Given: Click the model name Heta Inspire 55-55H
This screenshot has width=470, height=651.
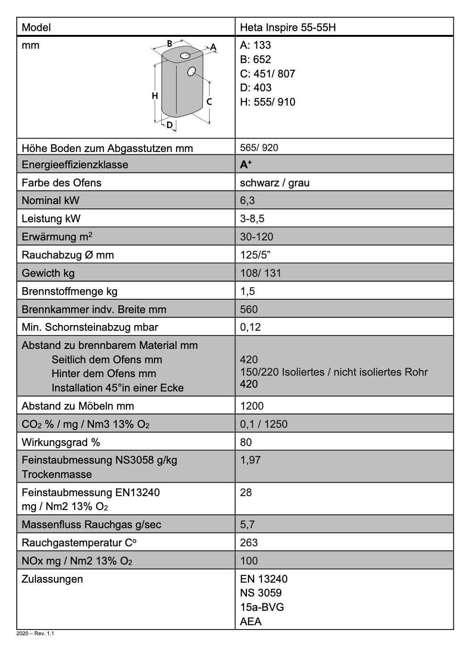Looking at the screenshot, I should tap(288, 27).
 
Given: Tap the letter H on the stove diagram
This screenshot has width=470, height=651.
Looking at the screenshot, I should tap(155, 96).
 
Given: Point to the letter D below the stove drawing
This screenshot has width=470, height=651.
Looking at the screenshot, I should tap(169, 125).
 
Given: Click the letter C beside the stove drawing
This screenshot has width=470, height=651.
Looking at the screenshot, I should tap(209, 102).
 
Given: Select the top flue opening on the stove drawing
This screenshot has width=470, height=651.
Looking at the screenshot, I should tap(185, 56).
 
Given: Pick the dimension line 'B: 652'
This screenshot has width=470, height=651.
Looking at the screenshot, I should tap(256, 59).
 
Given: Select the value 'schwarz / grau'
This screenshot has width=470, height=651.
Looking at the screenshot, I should tap(275, 183).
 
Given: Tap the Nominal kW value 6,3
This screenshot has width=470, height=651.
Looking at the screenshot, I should tap(247, 201).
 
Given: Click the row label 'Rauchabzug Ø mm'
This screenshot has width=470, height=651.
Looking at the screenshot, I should tap(67, 255).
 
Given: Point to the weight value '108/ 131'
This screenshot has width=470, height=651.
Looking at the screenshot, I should tap(260, 273).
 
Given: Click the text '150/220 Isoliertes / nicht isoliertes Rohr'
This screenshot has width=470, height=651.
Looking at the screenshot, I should tap(334, 372).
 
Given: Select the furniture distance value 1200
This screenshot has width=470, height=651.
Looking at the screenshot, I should tap(252, 406).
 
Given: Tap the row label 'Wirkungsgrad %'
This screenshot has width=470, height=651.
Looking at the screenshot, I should tap(61, 442).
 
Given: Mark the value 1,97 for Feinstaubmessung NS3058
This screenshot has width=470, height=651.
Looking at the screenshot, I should tap(250, 460).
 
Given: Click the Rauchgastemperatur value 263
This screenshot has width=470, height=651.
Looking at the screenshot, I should tap(249, 542).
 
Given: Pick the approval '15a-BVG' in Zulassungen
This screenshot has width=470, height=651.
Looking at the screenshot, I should tap(262, 607).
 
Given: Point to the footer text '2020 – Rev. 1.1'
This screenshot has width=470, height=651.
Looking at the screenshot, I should tap(35, 634).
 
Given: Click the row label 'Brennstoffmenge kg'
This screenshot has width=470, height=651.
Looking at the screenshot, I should tap(69, 291).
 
